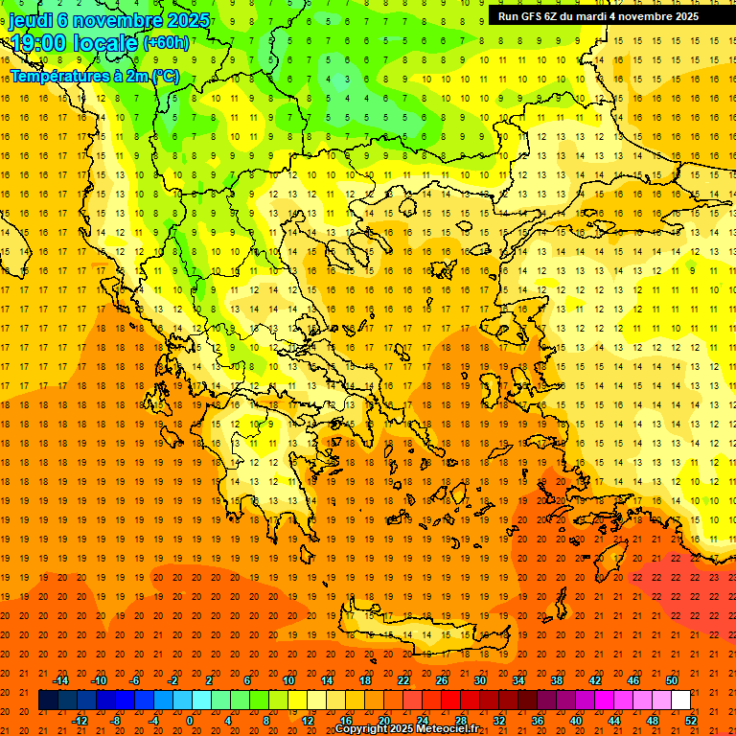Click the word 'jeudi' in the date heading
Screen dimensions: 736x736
31,20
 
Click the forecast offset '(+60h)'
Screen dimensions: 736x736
165,43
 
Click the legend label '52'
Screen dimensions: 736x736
691,720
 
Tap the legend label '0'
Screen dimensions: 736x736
191,720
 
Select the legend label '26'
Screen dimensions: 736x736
442,680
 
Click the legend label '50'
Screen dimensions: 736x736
672,680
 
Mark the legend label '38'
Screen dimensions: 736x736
557,680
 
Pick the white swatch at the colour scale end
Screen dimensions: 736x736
681,701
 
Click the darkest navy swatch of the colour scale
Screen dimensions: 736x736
48,701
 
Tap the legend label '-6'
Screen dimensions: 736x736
136,680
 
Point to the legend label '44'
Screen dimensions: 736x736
614,720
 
